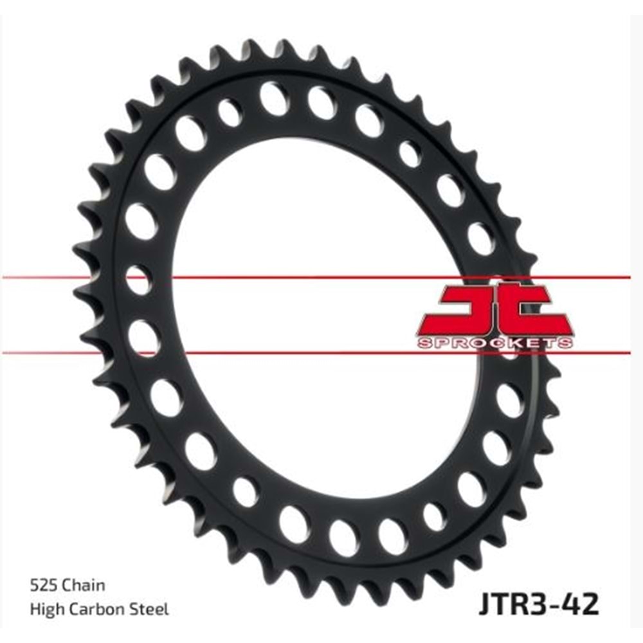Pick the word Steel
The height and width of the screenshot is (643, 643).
click(152, 609)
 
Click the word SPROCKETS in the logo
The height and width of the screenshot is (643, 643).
click(496, 343)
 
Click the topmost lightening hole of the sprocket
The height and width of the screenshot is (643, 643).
click(274, 98)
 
